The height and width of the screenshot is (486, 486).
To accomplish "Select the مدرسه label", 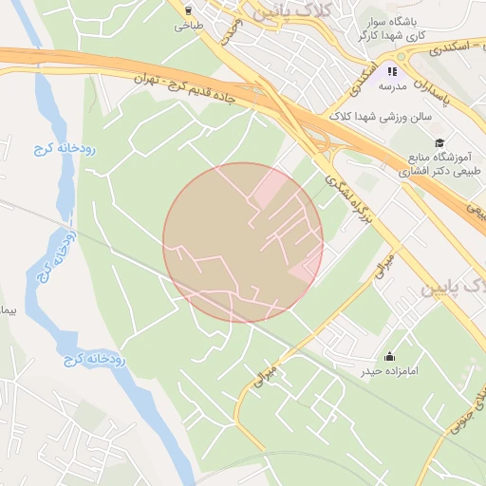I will point(392,86).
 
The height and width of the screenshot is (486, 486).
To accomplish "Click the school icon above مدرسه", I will point(392,70).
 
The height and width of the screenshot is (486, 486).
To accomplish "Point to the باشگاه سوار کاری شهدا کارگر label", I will point(389,29).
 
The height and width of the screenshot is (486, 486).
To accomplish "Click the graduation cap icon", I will point(439,142).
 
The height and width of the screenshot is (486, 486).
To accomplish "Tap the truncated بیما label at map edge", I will point(8,310).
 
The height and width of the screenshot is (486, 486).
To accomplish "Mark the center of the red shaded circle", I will point(243,242).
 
